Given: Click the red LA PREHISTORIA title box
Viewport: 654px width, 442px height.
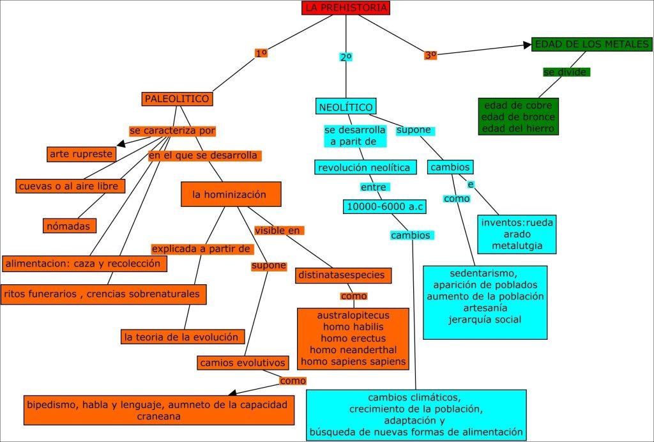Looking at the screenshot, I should click(x=346, y=8).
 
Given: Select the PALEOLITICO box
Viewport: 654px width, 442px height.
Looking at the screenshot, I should click(x=177, y=99).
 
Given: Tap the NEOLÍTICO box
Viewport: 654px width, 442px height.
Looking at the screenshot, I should click(x=346, y=107).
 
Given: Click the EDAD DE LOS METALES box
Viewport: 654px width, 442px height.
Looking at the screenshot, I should click(x=591, y=45).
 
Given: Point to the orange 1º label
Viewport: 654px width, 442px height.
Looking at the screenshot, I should click(x=261, y=54).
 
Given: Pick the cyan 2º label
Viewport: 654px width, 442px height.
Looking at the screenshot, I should click(x=346, y=57).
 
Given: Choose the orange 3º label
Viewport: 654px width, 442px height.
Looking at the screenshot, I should click(x=430, y=56).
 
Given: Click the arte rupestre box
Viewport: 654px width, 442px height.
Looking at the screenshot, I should click(x=82, y=154).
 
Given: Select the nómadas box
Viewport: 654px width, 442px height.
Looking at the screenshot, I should click(x=70, y=225).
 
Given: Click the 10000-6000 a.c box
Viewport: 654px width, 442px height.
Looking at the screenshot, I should click(x=384, y=206).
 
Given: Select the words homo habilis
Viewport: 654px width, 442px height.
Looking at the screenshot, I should click(x=353, y=327).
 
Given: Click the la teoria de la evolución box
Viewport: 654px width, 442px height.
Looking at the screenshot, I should click(x=183, y=337).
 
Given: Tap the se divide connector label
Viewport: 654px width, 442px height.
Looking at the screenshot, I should click(x=566, y=72).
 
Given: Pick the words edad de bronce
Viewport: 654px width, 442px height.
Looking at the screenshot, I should click(x=519, y=117).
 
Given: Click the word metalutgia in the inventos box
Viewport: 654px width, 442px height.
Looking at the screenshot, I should click(x=517, y=245).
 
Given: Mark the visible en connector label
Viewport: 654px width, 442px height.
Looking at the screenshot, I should click(x=278, y=231).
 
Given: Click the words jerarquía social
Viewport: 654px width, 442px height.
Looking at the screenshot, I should click(x=485, y=319).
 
